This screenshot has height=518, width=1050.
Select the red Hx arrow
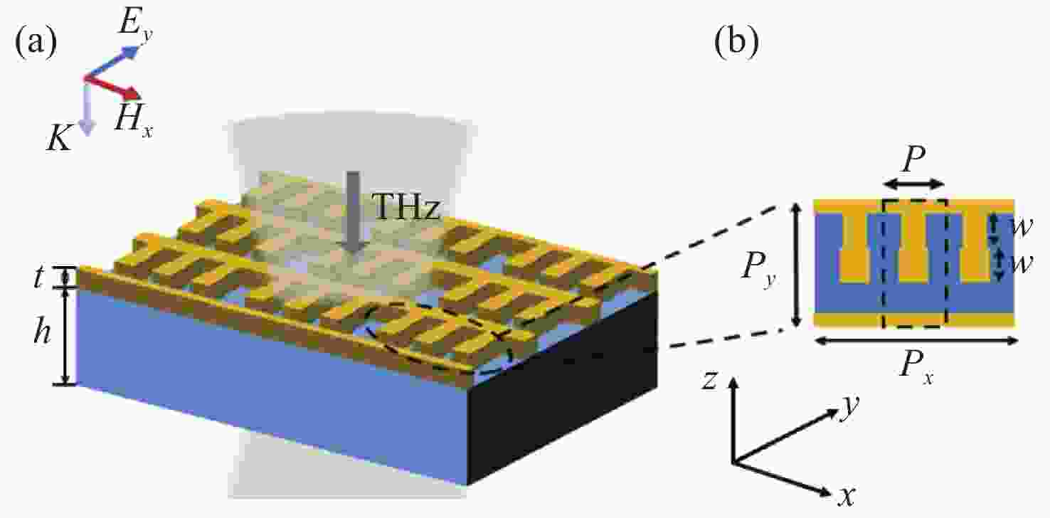pyautogui.click(x=112, y=88)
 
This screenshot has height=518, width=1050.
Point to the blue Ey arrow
pyautogui.click(x=112, y=61)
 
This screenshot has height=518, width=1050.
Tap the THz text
pyautogui.click(x=406, y=206)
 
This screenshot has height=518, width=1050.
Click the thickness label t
pyautogui.click(x=39, y=277)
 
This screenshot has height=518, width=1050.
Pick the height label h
pyautogui.click(x=42, y=329)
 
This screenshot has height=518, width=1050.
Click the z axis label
pyautogui.click(x=709, y=380)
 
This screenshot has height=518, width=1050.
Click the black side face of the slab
pyautogui.click(x=563, y=389)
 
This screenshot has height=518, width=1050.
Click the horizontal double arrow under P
pyautogui.click(x=913, y=184)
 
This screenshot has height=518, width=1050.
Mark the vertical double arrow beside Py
pyautogui.click(x=796, y=264)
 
